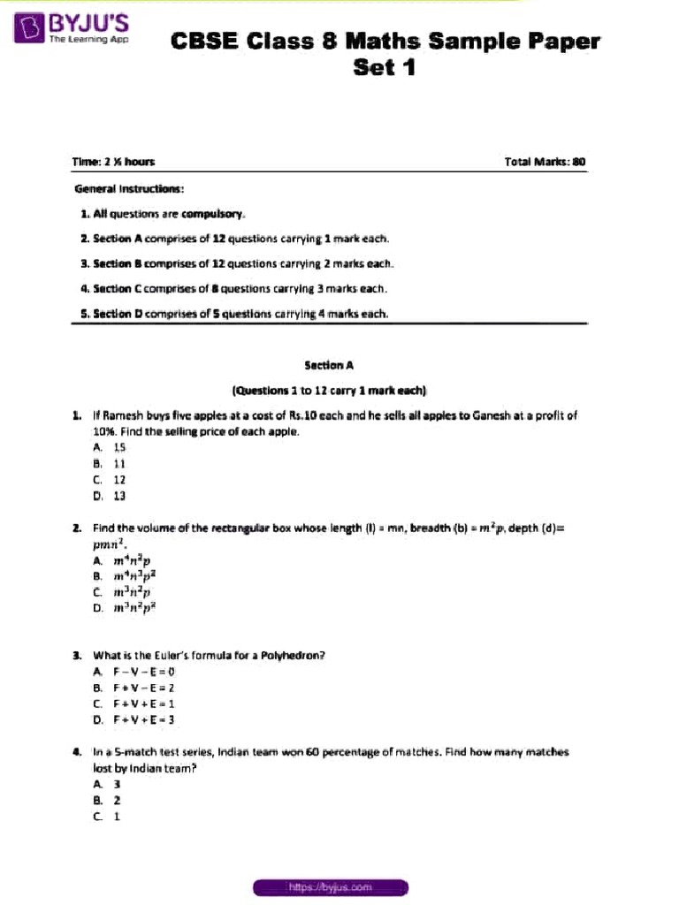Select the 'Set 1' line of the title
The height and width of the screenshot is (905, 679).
coord(384,67)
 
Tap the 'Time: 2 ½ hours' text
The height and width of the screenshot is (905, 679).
coord(113,162)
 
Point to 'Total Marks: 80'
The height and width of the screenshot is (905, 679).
coord(545,162)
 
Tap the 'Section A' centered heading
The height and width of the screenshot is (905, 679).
coord(329,364)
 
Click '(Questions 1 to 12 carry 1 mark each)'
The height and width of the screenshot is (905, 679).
coord(329,389)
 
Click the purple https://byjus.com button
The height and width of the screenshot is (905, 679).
coord(330,886)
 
